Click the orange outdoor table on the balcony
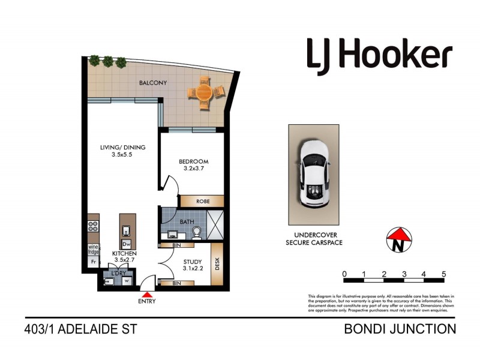point(205,93)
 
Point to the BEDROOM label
point(193,161)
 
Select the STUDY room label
point(192,261)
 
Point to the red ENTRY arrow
point(148,293)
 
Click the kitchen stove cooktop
point(94,227)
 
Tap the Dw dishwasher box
point(127,244)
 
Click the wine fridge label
point(94,250)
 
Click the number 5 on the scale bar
point(443,274)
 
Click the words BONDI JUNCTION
point(400,329)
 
